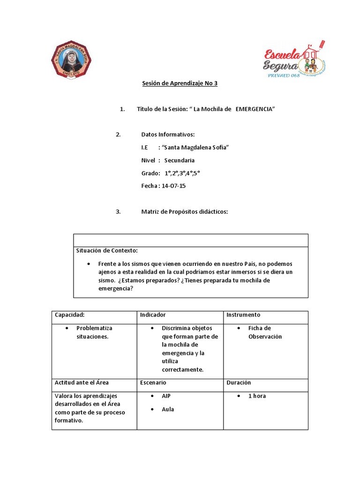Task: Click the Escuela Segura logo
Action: pyautogui.click(x=294, y=60)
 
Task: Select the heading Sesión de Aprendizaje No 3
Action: pyautogui.click(x=180, y=83)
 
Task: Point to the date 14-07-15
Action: pyautogui.click(x=173, y=186)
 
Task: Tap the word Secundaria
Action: pyautogui.click(x=180, y=160)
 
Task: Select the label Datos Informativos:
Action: pyautogui.click(x=167, y=135)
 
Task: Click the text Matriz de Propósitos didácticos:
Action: pyautogui.click(x=184, y=212)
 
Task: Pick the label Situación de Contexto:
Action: pyautogui.click(x=107, y=250)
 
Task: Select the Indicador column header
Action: pyautogui.click(x=153, y=315)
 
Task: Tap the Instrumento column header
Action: pyautogui.click(x=243, y=315)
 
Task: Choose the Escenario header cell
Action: pyautogui.click(x=153, y=382)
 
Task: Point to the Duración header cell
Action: pyautogui.click(x=239, y=382)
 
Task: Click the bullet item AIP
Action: pyautogui.click(x=166, y=396)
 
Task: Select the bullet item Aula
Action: pyautogui.click(x=167, y=409)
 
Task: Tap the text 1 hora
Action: pyautogui.click(x=257, y=396)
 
